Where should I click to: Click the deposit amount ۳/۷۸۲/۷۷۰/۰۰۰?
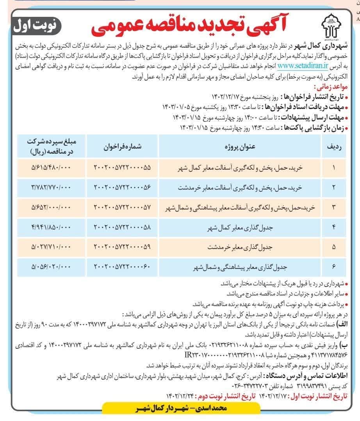coord(51,187)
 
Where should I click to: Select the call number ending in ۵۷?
coord(122,207)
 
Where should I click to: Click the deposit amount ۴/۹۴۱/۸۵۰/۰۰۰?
coord(51,228)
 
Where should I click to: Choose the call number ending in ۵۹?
coord(122,247)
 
